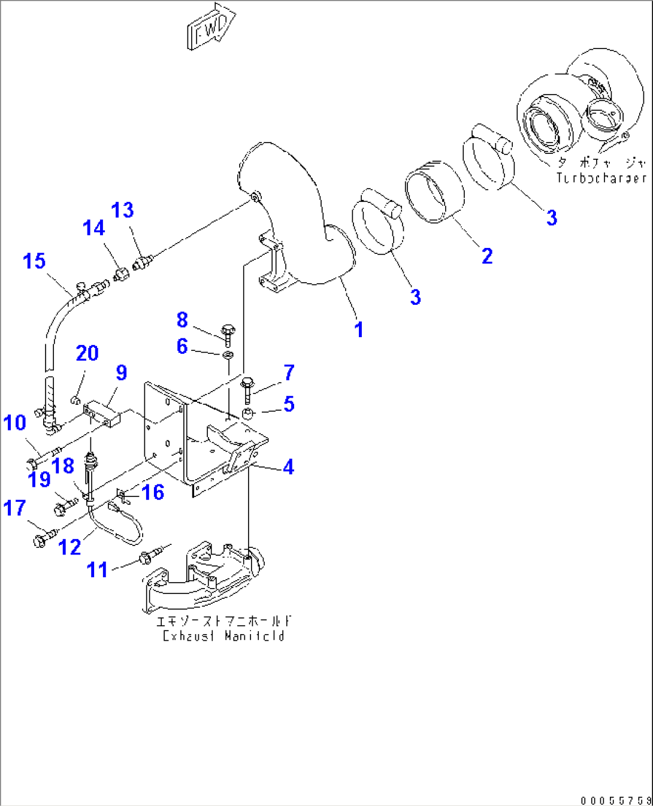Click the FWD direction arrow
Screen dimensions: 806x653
[x=210, y=27]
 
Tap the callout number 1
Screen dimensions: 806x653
[x=358, y=329]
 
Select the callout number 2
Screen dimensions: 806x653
[x=487, y=256]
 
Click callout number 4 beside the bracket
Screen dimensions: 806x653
[x=289, y=466]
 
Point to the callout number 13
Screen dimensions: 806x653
[x=123, y=210]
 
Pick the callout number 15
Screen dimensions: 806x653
[x=34, y=261]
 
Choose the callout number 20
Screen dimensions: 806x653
[x=87, y=353]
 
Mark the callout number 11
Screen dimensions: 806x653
[x=98, y=569]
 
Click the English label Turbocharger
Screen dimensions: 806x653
[x=601, y=178]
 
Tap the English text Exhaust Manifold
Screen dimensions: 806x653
[x=223, y=636]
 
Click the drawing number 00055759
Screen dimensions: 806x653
[x=615, y=800]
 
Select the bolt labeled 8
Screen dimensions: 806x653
[x=228, y=332]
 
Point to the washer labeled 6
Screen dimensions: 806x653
[x=228, y=356]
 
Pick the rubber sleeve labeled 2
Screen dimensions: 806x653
[x=435, y=192]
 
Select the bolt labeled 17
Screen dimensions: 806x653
[x=43, y=538]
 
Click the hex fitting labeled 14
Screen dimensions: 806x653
[x=120, y=275]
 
